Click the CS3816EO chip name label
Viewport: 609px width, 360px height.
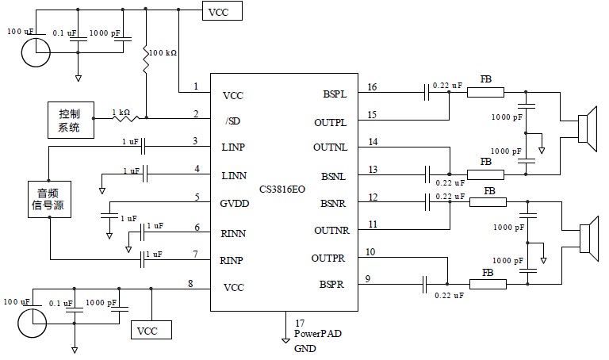(282, 188)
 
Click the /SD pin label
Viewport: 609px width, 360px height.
(232, 120)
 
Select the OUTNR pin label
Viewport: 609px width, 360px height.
(331, 230)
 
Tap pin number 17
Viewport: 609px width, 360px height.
(300, 323)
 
